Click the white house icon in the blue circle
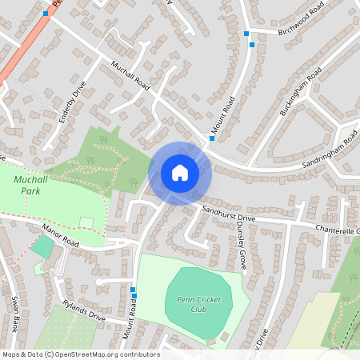click(x=180, y=173)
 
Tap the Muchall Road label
click(x=131, y=76)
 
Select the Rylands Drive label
click(x=83, y=310)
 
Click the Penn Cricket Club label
click(x=198, y=304)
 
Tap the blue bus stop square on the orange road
click(x=46, y=14)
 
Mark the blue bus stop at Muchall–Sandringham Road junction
click(x=212, y=138)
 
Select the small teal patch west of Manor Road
click(x=42, y=246)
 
